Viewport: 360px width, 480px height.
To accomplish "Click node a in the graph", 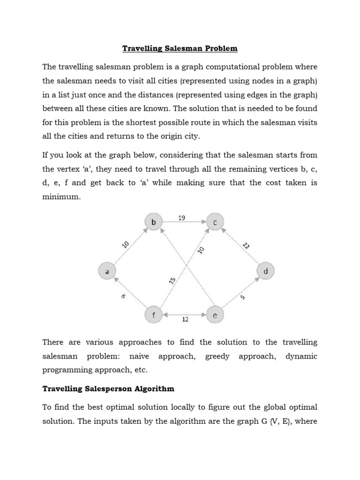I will click(107, 271).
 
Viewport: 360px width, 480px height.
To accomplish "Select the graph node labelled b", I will click(154, 222).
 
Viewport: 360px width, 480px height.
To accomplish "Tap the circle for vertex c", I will click(215, 222).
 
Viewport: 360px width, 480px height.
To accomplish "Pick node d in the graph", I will click(265, 271).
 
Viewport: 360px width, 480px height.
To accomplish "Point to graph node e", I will click(215, 315).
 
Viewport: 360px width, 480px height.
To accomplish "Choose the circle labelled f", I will click(154, 315).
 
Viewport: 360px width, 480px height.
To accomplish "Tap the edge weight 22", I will click(246, 245).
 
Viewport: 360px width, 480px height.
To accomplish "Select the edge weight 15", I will click(172, 280).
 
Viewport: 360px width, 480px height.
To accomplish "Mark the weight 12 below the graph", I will click(185, 320).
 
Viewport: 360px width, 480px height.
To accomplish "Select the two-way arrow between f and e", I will click(184, 315).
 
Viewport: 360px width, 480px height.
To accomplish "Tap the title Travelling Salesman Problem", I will click(180, 48).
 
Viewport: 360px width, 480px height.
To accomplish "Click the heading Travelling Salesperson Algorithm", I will click(108, 389).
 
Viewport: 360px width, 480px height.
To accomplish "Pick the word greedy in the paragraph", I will click(217, 356).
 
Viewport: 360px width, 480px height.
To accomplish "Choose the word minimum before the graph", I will click(61, 197).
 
